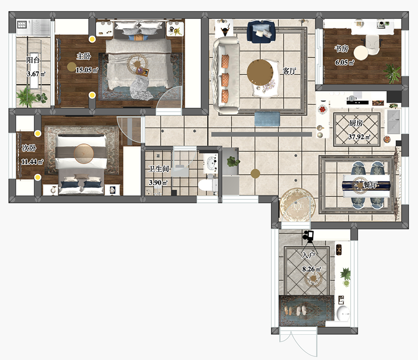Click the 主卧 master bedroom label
click(84, 56)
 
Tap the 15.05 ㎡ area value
click(87, 70)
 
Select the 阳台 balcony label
click(33, 60)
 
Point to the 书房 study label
click(342, 49)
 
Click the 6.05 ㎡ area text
click(345, 62)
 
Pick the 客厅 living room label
click(289, 71)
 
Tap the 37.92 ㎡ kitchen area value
click(359, 137)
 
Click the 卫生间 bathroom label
click(158, 169)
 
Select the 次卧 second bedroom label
click(29, 148)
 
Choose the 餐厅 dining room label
click(370, 184)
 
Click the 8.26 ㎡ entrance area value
click(312, 269)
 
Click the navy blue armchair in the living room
click(261, 32)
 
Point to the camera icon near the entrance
click(309, 236)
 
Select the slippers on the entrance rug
click(295, 310)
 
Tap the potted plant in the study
click(392, 73)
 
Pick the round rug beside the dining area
click(297, 205)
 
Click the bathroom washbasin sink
click(211, 163)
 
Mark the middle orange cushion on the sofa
click(225, 79)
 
